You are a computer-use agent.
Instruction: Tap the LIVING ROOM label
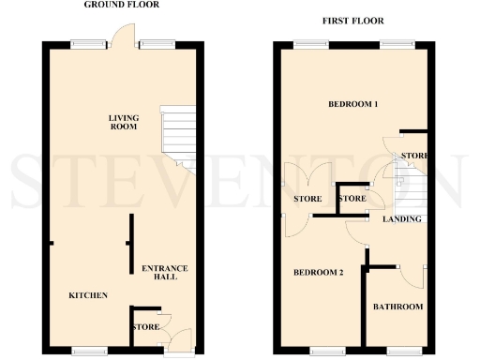pyautogui.click(x=123, y=123)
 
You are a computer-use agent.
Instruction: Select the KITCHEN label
pyautogui.click(x=88, y=295)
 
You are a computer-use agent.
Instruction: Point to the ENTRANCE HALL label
pyautogui.click(x=164, y=273)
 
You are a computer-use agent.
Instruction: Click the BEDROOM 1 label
pyautogui.click(x=352, y=104)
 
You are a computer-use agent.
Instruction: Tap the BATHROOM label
pyautogui.click(x=397, y=307)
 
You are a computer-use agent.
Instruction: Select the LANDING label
pyautogui.click(x=401, y=219)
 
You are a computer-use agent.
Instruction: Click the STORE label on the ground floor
pyautogui.click(x=144, y=327)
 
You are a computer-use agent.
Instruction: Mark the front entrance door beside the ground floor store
pyautogui.click(x=178, y=338)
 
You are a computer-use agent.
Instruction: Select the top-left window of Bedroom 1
pyautogui.click(x=305, y=43)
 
